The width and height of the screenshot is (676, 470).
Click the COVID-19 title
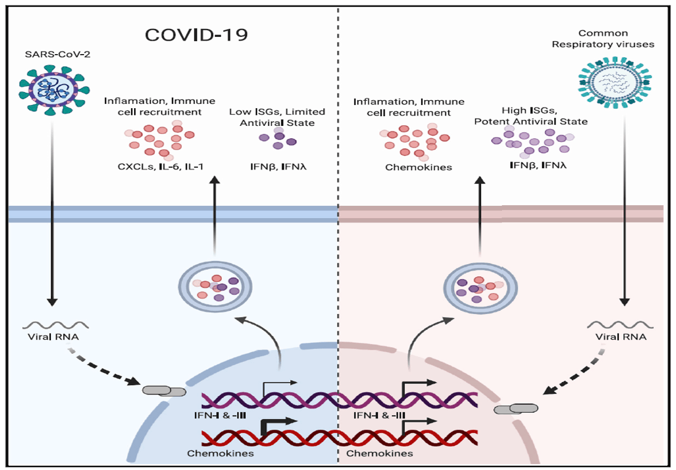197,34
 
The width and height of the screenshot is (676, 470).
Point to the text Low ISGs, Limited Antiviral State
277,117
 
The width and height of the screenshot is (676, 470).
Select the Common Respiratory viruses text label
616,39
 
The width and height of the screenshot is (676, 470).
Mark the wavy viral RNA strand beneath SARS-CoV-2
50,324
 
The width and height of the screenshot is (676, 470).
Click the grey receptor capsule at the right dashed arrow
515,408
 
